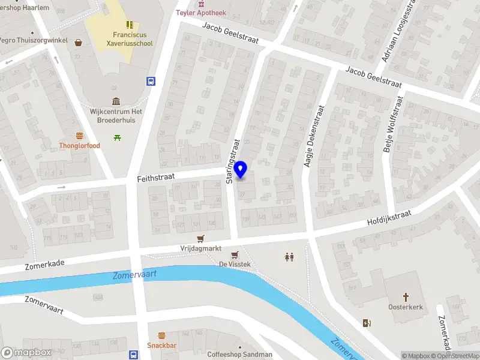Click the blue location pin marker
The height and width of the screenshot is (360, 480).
coord(241,170)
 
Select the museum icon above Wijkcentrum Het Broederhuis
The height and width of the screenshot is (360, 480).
coord(116,101)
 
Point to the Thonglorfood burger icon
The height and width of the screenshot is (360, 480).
coord(79,136)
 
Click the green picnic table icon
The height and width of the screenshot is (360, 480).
coord(116,137)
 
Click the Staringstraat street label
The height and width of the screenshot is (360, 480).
coord(233,161)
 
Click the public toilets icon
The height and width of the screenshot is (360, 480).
coord(289,257)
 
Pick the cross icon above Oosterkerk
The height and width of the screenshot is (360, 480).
coord(406,296)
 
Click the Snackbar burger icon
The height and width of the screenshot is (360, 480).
coord(161,335)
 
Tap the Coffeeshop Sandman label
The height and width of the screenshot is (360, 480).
coord(239,354)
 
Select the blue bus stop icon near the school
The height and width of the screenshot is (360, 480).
coord(151,82)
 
